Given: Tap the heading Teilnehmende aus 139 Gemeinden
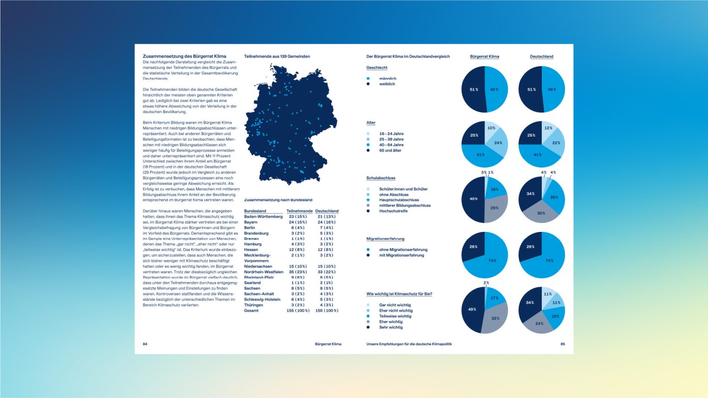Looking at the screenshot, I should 277,57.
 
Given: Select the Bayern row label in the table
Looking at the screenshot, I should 251,222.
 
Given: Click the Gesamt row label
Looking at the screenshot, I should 252,311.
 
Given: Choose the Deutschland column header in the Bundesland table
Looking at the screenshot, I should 327,211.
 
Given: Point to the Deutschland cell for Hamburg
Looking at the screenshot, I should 326,244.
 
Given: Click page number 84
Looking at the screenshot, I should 145,344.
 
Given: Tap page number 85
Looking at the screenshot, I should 562,344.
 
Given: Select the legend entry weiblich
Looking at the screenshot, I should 387,84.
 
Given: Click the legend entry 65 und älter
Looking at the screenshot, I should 390,150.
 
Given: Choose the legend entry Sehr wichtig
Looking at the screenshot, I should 391,327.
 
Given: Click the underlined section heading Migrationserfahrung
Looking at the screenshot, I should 385,239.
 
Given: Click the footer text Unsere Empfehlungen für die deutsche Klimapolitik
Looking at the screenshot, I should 409,344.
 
